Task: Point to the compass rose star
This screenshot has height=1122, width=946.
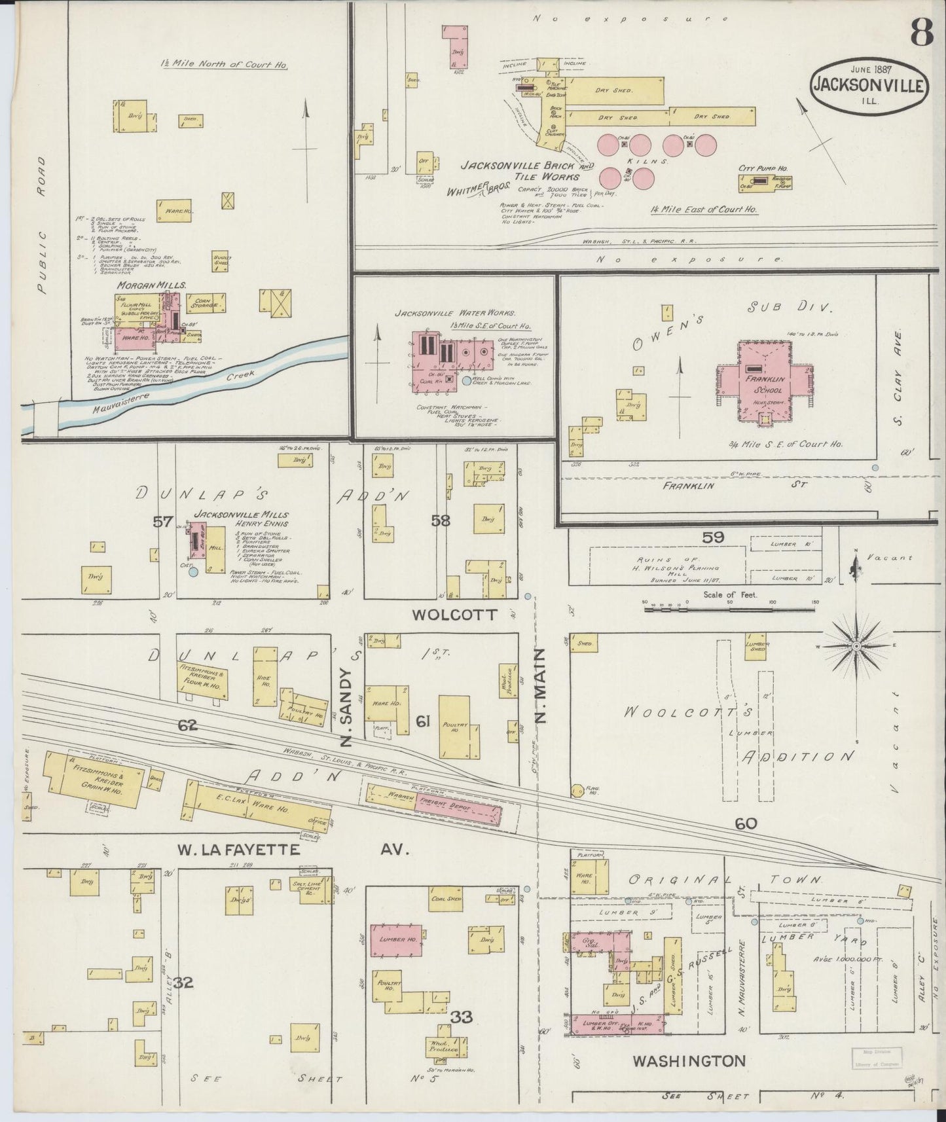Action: coord(856,646)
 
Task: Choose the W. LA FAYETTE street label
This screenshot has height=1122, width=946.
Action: coord(238,850)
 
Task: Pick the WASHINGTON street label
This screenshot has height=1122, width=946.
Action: coord(689,1060)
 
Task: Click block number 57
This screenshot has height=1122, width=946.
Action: coord(162,522)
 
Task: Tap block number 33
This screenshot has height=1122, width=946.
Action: coord(461,1017)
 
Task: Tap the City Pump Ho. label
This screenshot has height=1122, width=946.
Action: coord(763,168)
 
